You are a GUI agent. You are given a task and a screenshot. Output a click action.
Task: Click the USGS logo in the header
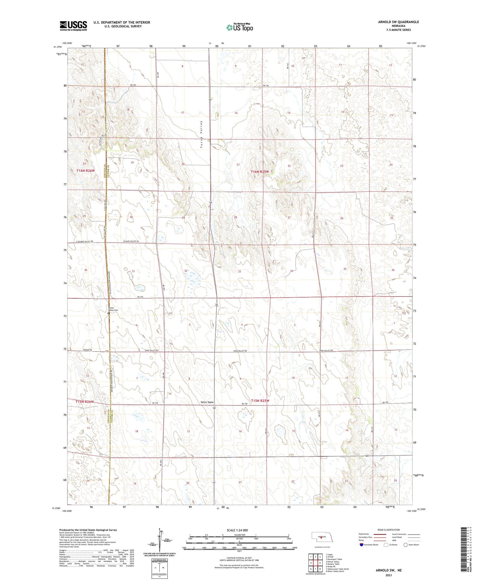click(x=73, y=26)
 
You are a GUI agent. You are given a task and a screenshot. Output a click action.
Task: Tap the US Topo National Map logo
click(x=239, y=28)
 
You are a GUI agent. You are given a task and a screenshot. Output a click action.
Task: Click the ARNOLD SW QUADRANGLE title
click(x=398, y=22)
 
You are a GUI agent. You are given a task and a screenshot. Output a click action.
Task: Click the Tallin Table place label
click(x=207, y=402)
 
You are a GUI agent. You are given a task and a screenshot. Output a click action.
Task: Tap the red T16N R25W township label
click(x=260, y=172)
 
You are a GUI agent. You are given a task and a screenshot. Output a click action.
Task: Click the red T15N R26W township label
click(x=85, y=402)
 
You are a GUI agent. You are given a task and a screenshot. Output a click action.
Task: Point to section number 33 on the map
click(x=239, y=272)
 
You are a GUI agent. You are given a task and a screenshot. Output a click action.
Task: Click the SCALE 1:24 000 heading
click(x=237, y=530)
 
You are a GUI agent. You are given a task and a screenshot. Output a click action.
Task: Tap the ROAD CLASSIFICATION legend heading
click(x=389, y=530)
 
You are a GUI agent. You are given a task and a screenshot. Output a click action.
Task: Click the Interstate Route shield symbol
click(x=362, y=545)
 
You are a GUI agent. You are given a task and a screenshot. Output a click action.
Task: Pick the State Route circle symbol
click(x=406, y=545)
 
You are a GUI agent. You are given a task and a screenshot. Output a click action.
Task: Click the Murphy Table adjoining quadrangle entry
click(x=333, y=564)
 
